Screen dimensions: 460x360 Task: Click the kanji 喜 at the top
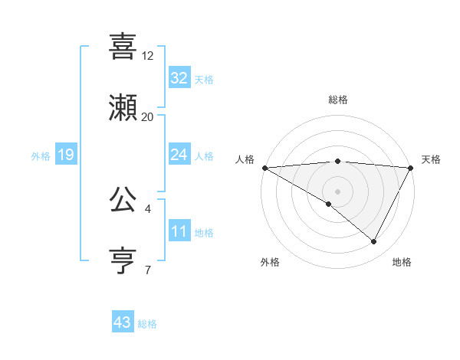click(123, 46)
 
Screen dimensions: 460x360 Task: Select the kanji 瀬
click(123, 108)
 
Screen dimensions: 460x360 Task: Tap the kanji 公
click(123, 199)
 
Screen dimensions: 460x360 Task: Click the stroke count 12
click(147, 56)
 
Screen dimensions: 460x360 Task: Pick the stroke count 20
click(147, 117)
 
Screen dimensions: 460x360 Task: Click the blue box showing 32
click(179, 78)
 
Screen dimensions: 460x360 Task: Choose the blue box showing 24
click(179, 155)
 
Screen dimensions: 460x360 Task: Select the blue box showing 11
click(179, 231)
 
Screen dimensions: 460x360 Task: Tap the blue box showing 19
click(66, 155)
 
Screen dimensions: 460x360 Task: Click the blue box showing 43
click(123, 323)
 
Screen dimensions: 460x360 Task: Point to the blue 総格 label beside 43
click(147, 324)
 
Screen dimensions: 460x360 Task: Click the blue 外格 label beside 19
click(41, 155)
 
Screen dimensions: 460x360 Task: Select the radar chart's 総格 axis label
click(337, 100)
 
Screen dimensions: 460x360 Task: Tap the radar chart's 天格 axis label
click(431, 159)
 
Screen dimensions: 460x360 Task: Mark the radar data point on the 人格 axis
click(264, 167)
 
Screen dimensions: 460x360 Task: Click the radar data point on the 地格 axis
click(374, 242)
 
